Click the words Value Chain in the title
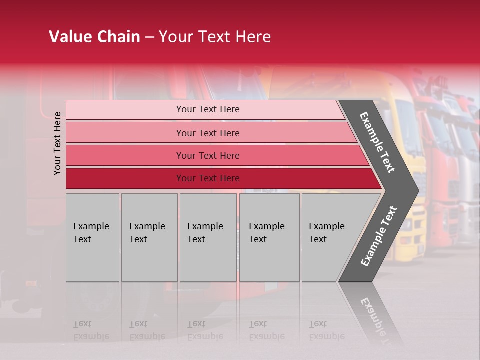tap(94, 37)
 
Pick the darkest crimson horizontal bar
tap(125, 178)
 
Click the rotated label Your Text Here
tap(57, 143)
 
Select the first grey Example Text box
tap(92, 237)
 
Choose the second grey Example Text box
tap(149, 237)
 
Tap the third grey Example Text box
tap(208, 237)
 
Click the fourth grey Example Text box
tap(269, 237)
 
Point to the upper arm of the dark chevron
tap(378, 142)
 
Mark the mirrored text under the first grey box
tap(91, 330)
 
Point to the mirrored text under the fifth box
tap(326, 330)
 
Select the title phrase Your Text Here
tap(215, 37)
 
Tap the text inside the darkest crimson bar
tap(208, 178)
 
